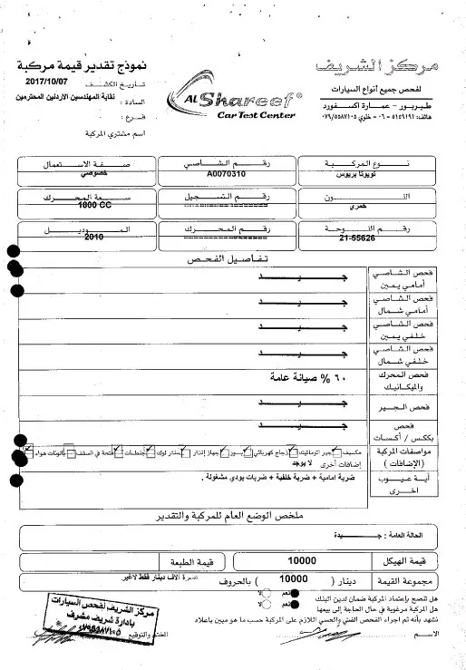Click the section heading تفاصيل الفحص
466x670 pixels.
235,258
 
